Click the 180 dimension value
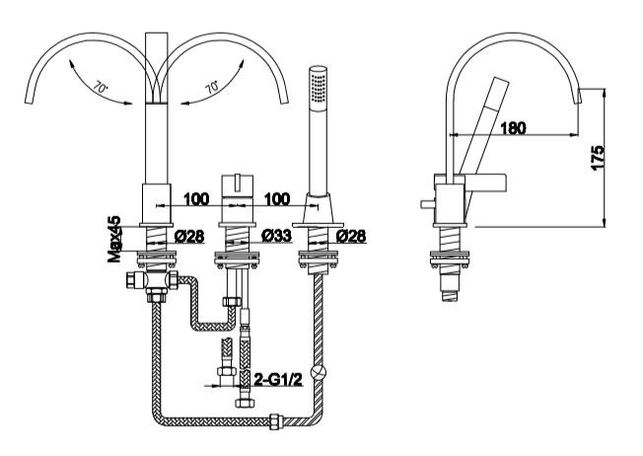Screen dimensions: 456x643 512,127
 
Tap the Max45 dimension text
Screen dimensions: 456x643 115,241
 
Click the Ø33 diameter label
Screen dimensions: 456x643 279,236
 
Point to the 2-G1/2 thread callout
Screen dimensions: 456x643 278,379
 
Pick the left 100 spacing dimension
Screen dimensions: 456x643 196,199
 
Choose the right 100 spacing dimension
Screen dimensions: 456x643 278,199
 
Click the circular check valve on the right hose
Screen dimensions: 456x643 317,375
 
